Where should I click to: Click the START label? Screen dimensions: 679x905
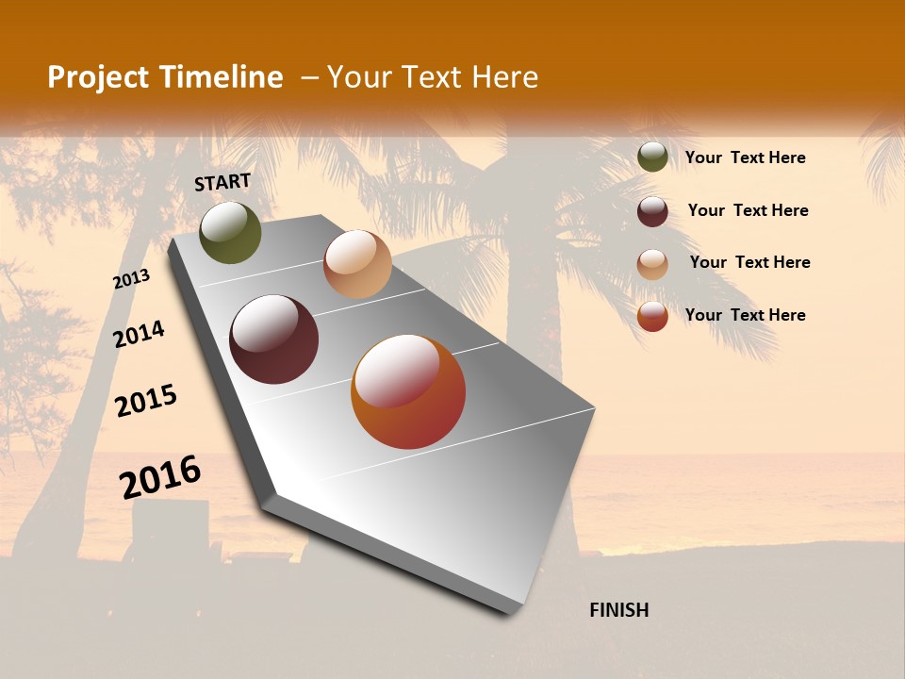tap(222, 182)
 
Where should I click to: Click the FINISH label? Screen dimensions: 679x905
tap(619, 610)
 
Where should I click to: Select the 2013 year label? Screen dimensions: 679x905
tap(132, 279)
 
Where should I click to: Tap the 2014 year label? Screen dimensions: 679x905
tap(139, 334)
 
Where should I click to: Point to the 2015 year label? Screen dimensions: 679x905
tap(146, 401)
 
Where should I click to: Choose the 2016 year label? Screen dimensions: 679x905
tap(160, 476)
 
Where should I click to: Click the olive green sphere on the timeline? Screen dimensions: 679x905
tap(230, 232)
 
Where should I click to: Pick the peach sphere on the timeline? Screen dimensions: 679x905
tap(357, 264)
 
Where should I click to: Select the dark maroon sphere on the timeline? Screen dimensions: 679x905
tap(273, 339)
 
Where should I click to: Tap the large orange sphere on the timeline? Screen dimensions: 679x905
tap(408, 391)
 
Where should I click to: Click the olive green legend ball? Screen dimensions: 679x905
tap(652, 157)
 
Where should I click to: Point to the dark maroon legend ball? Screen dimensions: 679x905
tap(652, 211)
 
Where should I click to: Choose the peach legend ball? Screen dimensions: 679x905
tap(652, 264)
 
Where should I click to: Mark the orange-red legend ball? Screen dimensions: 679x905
tap(652, 316)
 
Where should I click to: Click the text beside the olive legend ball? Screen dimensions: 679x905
tap(745, 157)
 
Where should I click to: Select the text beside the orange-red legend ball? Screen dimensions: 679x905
tap(745, 315)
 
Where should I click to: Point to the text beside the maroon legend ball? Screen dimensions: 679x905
tap(748, 210)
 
